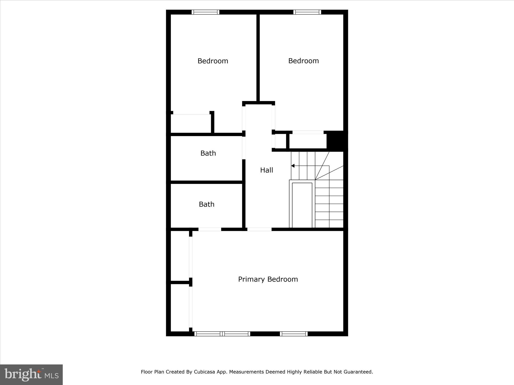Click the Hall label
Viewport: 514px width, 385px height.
point(266,170)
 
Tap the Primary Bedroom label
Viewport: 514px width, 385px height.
point(268,279)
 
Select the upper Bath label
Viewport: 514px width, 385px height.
point(208,153)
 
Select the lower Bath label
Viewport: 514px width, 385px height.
point(207,204)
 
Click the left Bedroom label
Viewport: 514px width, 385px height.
point(213,61)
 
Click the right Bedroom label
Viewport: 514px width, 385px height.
point(303,61)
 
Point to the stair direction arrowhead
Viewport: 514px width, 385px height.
point(293,166)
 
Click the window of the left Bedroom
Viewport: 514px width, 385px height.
point(205,12)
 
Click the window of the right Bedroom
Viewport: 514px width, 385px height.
point(307,12)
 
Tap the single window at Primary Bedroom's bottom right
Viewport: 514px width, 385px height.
point(294,334)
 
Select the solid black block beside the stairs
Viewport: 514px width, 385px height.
point(337,141)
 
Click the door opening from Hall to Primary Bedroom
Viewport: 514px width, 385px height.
point(259,229)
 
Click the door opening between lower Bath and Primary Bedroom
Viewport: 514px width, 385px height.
point(210,229)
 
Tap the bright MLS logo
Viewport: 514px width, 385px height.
point(31,374)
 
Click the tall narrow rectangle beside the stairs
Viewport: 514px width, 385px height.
point(302,205)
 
